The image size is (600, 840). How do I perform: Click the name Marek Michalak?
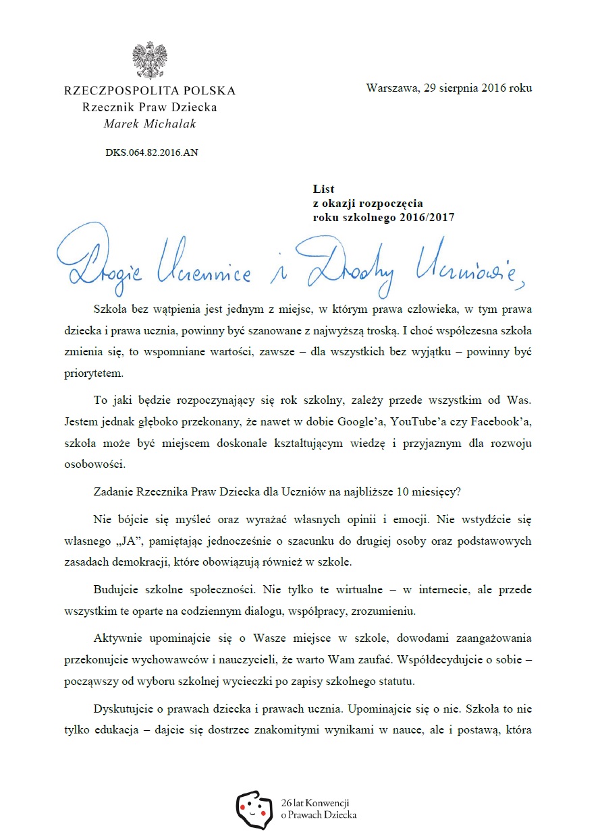pos(149,123)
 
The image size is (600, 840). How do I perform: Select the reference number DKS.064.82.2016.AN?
pos(151,152)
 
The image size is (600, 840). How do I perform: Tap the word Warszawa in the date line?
pos(389,88)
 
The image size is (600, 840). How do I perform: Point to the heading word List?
pos(324,189)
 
